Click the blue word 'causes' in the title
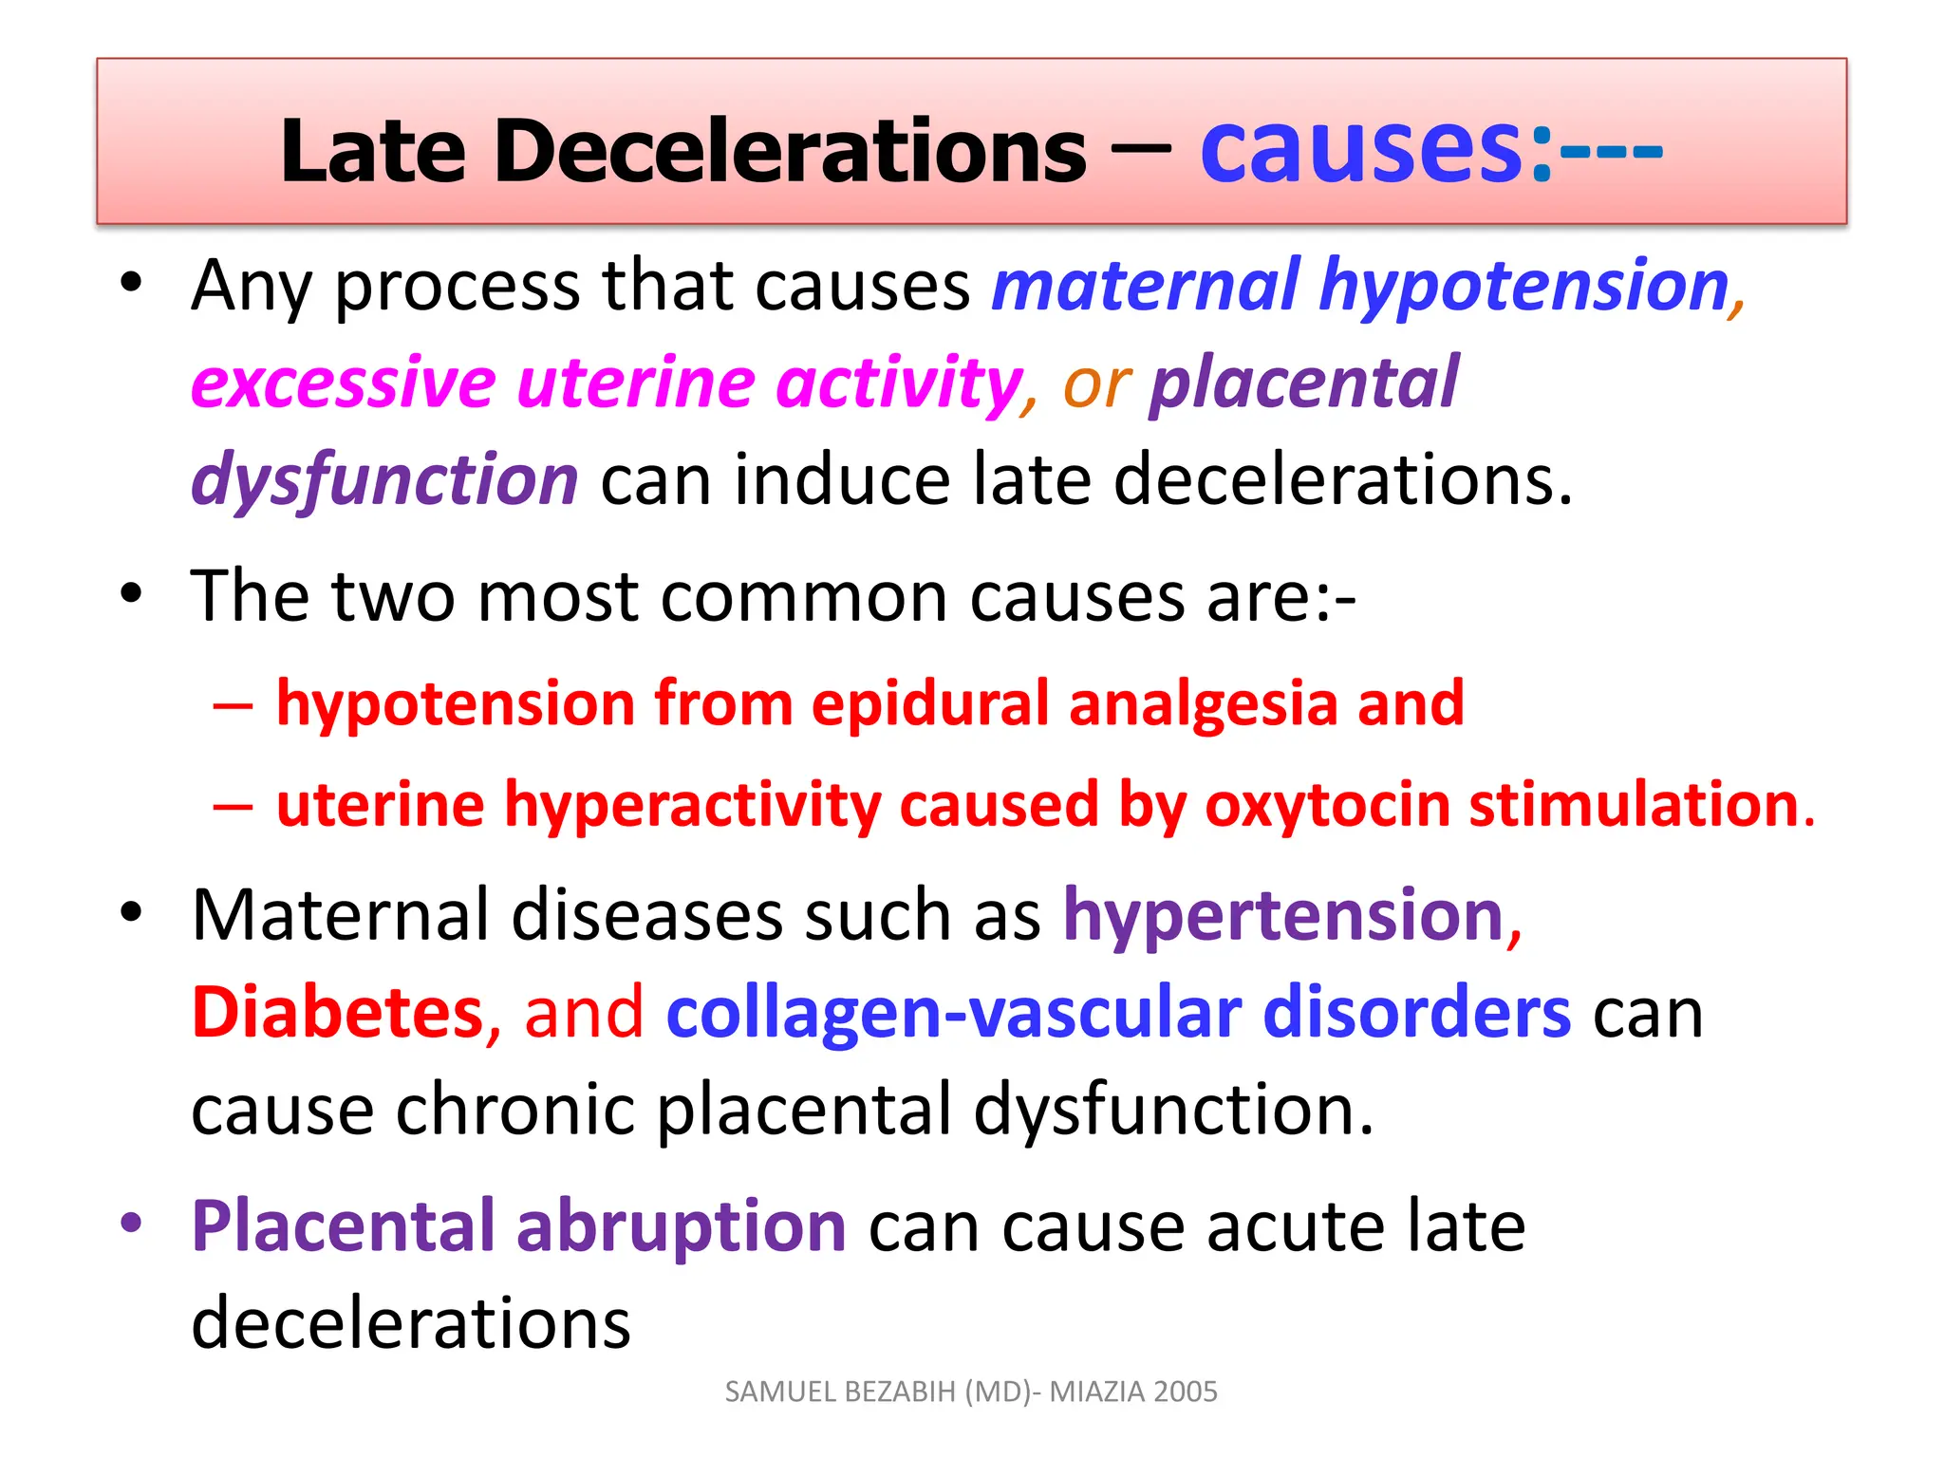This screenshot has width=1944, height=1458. click(x=1362, y=150)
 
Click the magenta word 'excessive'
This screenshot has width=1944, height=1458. click(x=344, y=383)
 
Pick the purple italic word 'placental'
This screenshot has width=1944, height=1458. click(x=1303, y=383)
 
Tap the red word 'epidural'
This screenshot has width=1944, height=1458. click(x=930, y=703)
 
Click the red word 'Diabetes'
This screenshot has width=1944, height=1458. click(x=338, y=1012)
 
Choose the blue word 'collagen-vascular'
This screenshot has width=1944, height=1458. click(x=954, y=1012)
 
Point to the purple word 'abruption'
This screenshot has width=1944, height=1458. click(x=681, y=1225)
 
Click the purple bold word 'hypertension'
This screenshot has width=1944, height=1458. click(x=1283, y=915)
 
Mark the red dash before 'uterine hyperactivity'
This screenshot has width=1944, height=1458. click(x=234, y=806)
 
